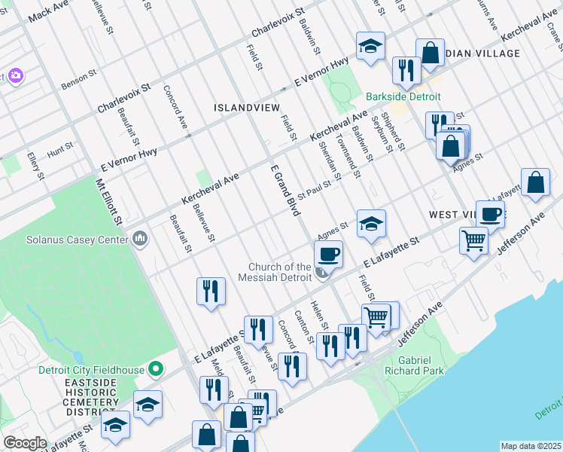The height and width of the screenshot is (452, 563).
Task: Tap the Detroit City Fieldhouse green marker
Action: click(156, 368)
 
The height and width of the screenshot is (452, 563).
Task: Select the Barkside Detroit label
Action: click(403, 97)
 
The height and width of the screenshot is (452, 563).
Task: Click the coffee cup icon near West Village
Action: click(490, 214)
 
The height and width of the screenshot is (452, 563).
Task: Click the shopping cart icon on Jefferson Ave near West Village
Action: click(473, 240)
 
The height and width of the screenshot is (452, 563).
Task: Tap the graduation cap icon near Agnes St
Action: click(370, 224)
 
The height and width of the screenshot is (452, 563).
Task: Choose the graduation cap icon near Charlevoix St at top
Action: click(370, 47)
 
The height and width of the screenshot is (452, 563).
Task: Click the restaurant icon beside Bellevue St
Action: click(211, 292)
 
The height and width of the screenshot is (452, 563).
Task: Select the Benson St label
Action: click(79, 80)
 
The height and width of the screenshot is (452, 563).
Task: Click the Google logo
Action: click(25, 443)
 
